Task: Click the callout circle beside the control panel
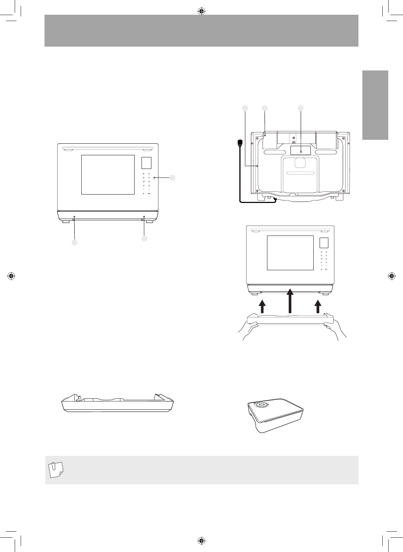click(x=172, y=178)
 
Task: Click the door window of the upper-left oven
click(x=108, y=175)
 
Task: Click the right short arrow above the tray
click(x=317, y=305)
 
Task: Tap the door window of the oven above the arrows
click(x=290, y=253)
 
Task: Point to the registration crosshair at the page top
click(x=201, y=12)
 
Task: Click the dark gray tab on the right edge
click(x=375, y=105)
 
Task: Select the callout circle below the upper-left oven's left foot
click(x=74, y=243)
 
